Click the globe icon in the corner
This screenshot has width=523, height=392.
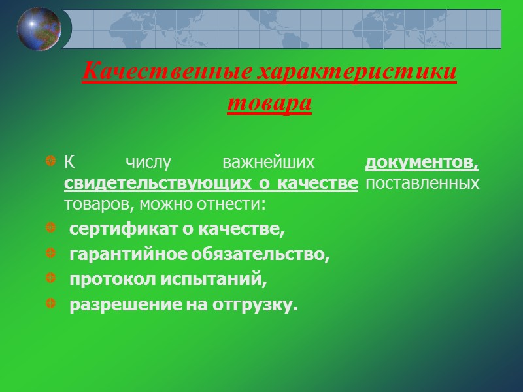(x=39, y=29)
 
